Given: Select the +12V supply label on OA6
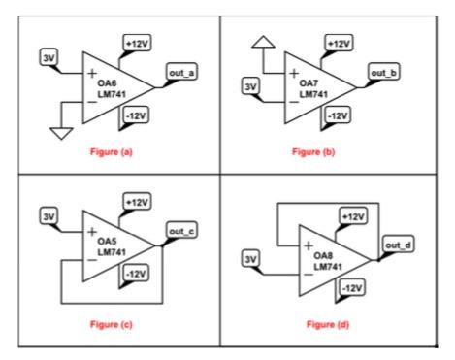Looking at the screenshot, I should pyautogui.click(x=137, y=44).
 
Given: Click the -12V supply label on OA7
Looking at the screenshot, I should pyautogui.click(x=341, y=115).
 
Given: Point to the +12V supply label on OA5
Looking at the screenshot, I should pyautogui.click(x=137, y=200).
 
